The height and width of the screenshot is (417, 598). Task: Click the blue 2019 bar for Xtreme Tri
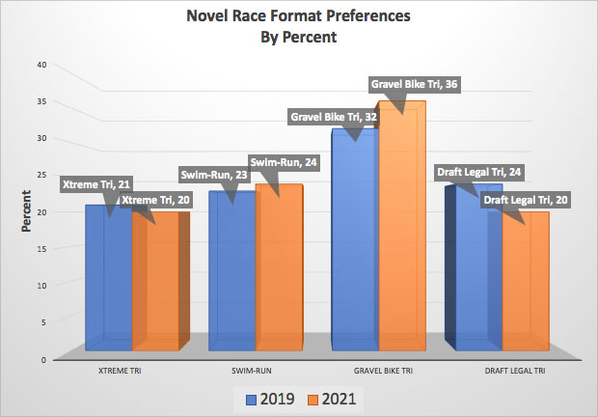coord(106,290)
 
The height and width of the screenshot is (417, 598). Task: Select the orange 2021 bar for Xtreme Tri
coord(156,290)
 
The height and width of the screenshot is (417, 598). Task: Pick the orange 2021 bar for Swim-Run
coord(280,290)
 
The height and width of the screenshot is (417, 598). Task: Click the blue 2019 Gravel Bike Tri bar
coord(353,251)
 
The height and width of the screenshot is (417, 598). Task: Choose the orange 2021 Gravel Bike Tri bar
coord(403,241)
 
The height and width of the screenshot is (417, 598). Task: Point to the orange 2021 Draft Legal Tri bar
coord(526,290)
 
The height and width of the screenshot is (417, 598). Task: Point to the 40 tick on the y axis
coord(41,65)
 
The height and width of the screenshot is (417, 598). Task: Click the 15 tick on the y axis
coord(41,248)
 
